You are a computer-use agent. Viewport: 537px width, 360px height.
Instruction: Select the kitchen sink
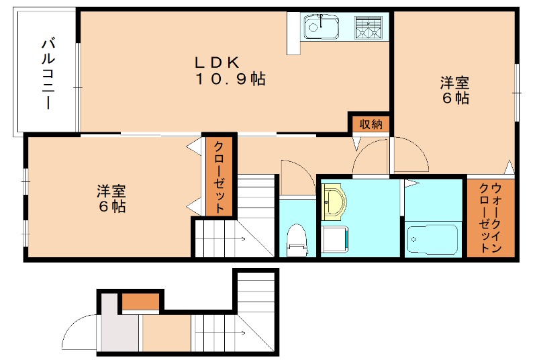322,28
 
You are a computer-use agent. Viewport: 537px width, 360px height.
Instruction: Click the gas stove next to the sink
369,28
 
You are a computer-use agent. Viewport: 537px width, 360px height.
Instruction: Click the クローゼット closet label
219,177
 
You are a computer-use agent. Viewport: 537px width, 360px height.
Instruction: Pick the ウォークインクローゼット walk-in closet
490,218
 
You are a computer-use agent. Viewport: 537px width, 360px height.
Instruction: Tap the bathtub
432,239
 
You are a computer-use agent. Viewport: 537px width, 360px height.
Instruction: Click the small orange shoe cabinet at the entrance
140,301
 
